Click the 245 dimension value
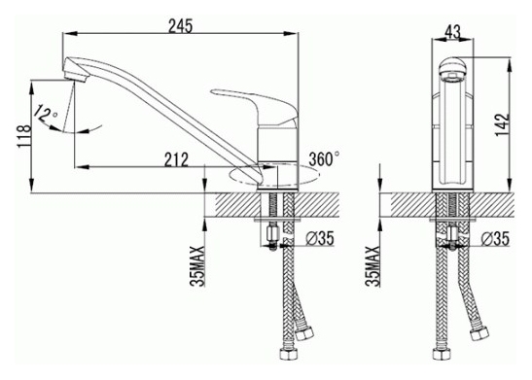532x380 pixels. click(x=181, y=26)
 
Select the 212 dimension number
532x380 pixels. click(x=176, y=159)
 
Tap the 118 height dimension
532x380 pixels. click(x=24, y=136)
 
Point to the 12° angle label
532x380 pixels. click(x=47, y=113)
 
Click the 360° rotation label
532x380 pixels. click(x=324, y=158)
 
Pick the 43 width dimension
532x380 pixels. click(x=452, y=32)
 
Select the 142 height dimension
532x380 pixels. click(x=503, y=124)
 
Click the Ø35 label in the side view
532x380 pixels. click(x=319, y=238)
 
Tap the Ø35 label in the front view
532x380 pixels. click(x=495, y=239)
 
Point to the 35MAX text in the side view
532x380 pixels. click(x=197, y=266)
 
